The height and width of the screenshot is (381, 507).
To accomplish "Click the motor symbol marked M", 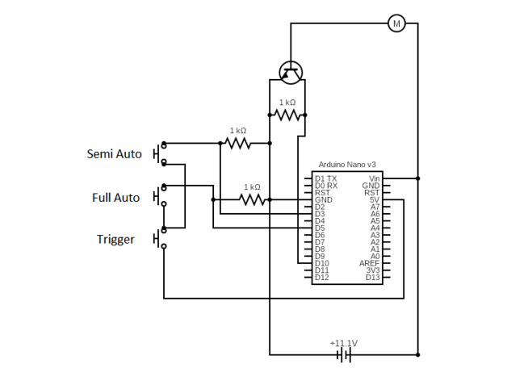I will click(396, 23).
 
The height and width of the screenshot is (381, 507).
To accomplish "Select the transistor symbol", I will click(291, 74).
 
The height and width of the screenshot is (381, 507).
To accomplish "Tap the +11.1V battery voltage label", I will click(343, 342).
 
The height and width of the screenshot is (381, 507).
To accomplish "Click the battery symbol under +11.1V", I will click(345, 354).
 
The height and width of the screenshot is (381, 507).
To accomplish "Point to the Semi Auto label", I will click(114, 153).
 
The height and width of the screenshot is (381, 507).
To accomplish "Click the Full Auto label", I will click(115, 197).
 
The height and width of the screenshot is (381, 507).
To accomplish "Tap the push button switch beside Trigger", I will click(160, 239).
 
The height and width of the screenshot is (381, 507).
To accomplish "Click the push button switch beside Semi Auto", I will click(160, 153).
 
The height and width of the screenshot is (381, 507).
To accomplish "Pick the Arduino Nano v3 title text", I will click(346, 164).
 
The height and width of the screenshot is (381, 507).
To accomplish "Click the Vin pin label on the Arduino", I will click(374, 178).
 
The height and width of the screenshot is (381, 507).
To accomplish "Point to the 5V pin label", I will click(375, 200).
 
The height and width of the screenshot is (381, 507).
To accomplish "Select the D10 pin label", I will click(322, 263).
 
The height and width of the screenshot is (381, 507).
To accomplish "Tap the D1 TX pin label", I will click(326, 178).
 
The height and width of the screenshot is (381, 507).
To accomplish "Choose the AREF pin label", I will click(370, 263).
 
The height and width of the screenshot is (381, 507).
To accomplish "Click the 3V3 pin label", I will click(372, 270).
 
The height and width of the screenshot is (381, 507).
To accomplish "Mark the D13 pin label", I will click(372, 278).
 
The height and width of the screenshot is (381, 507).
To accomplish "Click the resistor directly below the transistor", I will click(287, 115).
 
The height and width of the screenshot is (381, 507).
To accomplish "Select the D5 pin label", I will click(320, 228).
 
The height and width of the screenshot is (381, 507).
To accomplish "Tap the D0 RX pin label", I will click(326, 186).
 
